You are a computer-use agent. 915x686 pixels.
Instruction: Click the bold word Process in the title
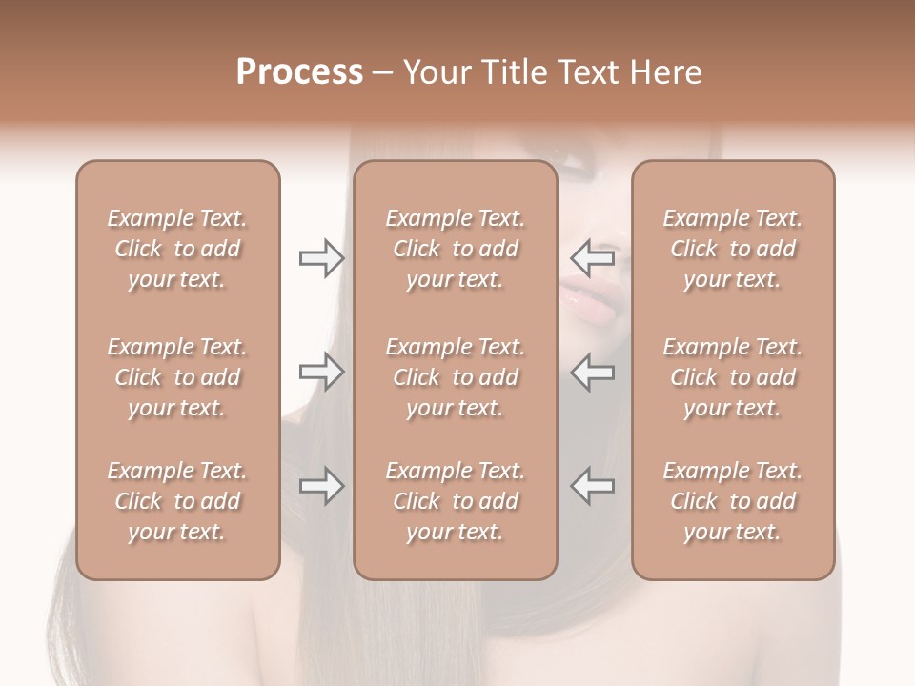[299, 72]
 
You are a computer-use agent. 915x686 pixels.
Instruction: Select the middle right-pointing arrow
[321, 372]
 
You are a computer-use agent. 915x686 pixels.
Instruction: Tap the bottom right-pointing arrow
[321, 486]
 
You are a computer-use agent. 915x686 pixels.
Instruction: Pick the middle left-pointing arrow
[592, 372]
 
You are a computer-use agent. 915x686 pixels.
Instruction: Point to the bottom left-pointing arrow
[592, 486]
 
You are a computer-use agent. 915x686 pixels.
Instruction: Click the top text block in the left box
[177, 249]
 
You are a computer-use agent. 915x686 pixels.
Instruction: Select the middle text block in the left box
[177, 377]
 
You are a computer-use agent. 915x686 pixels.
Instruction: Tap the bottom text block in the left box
[177, 501]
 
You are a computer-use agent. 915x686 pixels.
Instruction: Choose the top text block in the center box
[455, 249]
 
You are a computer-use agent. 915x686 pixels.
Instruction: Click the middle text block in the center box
[455, 377]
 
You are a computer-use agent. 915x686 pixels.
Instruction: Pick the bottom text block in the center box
[455, 501]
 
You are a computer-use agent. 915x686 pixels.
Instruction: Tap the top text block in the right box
[732, 249]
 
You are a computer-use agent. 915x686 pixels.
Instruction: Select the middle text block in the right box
[732, 377]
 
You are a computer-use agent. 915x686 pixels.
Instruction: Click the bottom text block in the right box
[732, 501]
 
